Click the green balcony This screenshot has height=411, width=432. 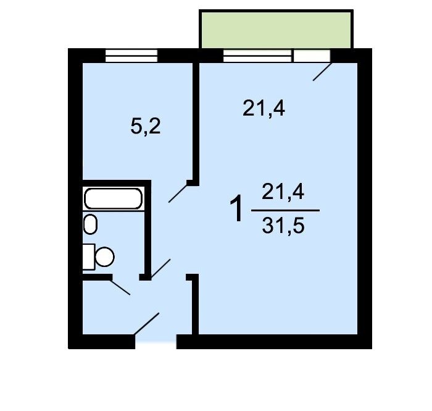[276, 30]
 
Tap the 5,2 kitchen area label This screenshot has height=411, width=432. [146, 126]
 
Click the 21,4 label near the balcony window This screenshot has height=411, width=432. [264, 108]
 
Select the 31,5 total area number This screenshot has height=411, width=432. [283, 226]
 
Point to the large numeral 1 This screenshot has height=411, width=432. [236, 208]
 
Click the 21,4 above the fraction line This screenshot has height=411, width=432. [283, 192]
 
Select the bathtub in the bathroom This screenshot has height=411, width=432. [113, 198]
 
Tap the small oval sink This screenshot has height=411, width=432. [90, 224]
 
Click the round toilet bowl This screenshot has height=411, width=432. [105, 257]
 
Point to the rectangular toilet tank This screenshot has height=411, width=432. [89, 257]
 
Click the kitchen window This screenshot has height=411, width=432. [131, 56]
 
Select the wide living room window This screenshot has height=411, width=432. [257, 56]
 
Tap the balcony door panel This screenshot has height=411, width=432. [312, 56]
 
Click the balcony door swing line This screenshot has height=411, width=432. [322, 72]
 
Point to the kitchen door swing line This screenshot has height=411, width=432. [178, 193]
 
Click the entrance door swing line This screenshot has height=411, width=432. [146, 324]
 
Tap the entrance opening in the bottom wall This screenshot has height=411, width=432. [156, 342]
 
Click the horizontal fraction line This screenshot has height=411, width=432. [285, 210]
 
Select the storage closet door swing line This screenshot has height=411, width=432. [120, 287]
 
